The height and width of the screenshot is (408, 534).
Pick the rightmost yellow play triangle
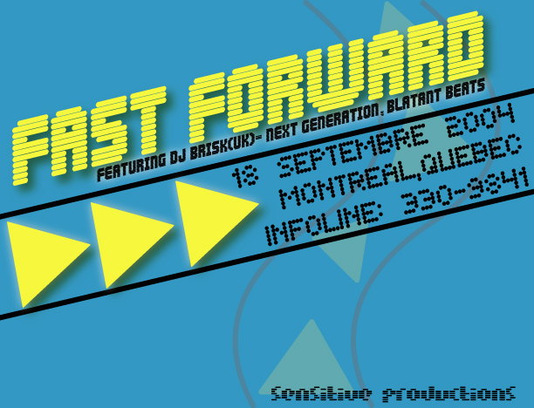(x=216, y=223)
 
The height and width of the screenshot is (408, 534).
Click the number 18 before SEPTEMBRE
(x=245, y=177)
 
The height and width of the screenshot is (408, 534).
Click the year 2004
(x=481, y=120)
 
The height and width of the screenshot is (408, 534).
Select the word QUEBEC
(x=471, y=155)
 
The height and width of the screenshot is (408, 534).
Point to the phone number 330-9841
(x=465, y=192)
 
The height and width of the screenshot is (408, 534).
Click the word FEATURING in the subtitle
(x=131, y=167)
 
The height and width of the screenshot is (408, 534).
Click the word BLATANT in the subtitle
(x=414, y=101)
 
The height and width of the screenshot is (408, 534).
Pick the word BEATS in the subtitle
(x=465, y=90)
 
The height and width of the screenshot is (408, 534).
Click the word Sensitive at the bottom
(x=321, y=394)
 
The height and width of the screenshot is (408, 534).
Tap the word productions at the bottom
(x=448, y=394)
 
